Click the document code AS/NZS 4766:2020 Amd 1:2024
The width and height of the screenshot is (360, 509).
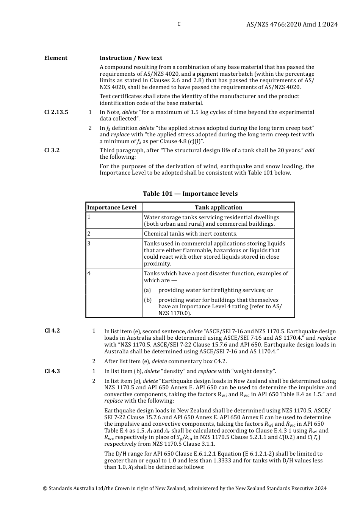[292, 24]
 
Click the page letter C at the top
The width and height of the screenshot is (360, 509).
[179, 24]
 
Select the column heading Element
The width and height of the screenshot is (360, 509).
[56, 58]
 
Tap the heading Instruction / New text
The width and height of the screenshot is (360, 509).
[131, 58]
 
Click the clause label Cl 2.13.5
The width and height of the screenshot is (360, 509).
[56, 112]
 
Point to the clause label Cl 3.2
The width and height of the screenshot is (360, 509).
[52, 150]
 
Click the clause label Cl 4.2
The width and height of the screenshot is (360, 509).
[52, 331]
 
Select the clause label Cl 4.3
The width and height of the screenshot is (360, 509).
[52, 371]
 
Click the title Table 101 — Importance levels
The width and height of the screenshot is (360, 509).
[190, 194]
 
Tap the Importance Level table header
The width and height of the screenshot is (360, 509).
[112, 208]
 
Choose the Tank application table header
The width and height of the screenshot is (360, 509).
[218, 208]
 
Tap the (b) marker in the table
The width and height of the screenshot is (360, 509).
[147, 300]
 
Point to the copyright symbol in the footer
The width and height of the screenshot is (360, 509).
[45, 489]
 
